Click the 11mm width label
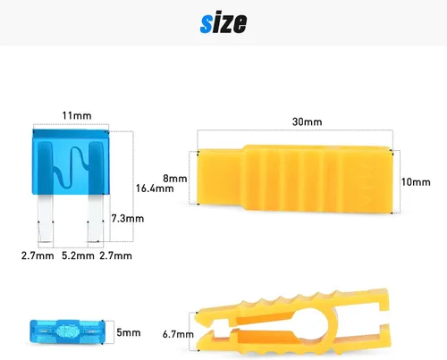coord(77,115)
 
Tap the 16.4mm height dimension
coord(155,188)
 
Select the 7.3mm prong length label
coord(128,219)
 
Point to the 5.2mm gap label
coord(78,255)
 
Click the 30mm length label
coord(307,121)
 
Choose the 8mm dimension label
coord(175,179)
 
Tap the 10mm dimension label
coord(416,182)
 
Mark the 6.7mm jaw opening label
coord(178,334)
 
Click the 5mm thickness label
coord(129,332)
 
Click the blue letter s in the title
coord(207,23)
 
